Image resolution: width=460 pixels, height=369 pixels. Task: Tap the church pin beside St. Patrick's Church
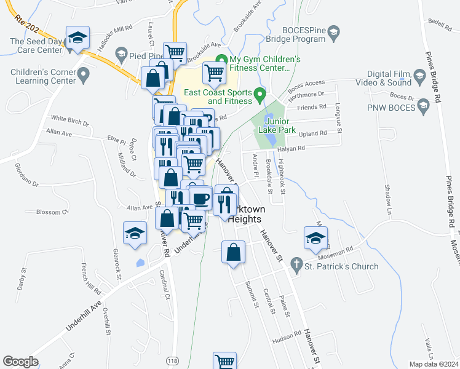(x=296, y=263)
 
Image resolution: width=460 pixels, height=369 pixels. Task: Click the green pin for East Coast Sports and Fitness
(x=260, y=97)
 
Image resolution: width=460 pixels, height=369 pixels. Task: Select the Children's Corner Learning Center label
(x=38, y=76)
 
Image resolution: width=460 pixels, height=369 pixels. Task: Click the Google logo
(x=20, y=362)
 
